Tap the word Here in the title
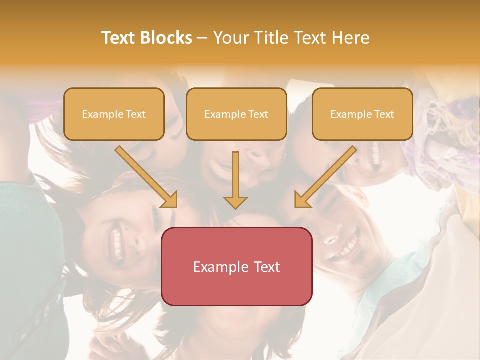tap(351, 38)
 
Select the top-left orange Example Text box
tap(114, 114)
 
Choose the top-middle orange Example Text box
tap(236, 114)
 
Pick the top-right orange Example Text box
tap(362, 114)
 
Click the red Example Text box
tap(237, 266)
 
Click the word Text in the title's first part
tap(119, 38)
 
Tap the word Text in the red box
tap(266, 267)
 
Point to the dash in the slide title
tap(202, 38)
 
